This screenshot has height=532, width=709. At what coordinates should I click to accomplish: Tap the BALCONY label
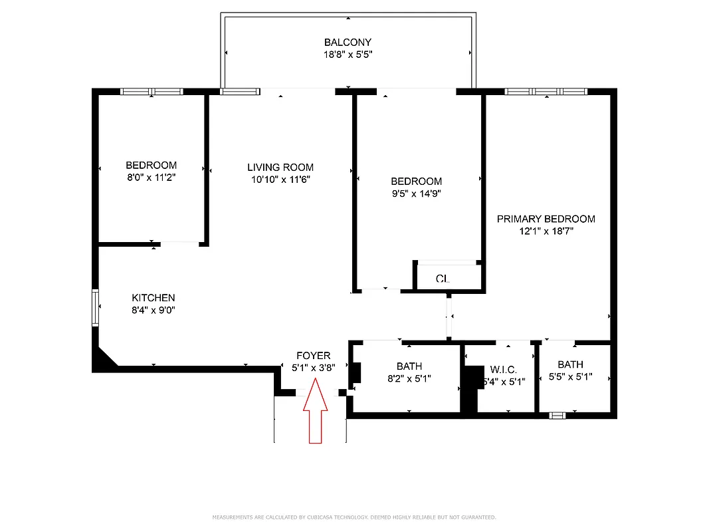(x=348, y=43)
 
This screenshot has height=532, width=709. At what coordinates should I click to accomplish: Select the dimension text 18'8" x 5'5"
(x=348, y=56)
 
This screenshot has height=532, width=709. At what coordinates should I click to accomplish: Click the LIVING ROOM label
(x=280, y=168)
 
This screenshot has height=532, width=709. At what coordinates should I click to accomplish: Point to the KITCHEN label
(x=153, y=298)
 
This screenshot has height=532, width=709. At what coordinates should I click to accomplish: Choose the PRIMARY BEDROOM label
(x=546, y=219)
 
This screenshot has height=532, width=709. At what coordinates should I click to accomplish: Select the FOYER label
(x=313, y=356)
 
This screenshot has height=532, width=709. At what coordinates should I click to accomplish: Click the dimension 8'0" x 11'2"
(x=152, y=178)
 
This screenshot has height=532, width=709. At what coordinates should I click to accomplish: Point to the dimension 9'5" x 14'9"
(x=416, y=194)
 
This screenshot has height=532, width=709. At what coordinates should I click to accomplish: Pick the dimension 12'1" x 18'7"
(x=546, y=231)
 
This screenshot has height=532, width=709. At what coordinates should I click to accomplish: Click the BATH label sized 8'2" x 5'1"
(x=409, y=366)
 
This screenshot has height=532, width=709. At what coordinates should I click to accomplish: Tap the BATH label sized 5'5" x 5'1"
(x=570, y=364)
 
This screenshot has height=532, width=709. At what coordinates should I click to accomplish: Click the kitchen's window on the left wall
(x=95, y=307)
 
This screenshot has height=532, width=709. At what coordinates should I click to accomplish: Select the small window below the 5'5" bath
(x=557, y=415)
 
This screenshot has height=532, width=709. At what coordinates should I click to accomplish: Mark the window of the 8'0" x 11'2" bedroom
(x=152, y=92)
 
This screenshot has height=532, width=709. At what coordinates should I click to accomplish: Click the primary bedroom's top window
(x=546, y=91)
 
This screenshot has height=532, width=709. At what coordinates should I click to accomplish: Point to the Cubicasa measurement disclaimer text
(x=354, y=517)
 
